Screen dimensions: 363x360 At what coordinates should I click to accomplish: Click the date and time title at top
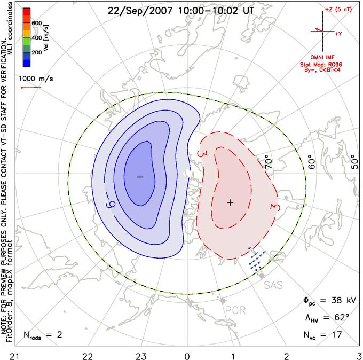coord(180,11)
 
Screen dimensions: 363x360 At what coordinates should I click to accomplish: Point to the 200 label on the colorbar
coord(37,52)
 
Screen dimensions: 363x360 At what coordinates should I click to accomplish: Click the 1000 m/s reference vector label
coord(36,79)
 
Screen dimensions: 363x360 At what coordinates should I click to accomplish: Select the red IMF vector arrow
coord(319,30)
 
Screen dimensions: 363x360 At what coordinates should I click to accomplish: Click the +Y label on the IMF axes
coord(338,34)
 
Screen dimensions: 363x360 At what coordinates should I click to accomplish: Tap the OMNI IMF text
coord(322,57)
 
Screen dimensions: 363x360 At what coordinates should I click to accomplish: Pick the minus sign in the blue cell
coord(140,177)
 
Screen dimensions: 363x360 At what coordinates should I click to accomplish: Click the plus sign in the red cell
coord(230,203)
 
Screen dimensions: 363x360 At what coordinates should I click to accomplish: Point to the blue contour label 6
coord(111,205)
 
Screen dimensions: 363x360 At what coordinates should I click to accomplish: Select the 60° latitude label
coord(312,163)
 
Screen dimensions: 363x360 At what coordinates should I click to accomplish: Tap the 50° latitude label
coord(354,161)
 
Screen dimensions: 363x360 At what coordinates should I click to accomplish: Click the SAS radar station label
coord(273,285)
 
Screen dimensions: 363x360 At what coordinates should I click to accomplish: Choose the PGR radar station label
coord(235,310)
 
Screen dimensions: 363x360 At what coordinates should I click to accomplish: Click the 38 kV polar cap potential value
coord(344,301)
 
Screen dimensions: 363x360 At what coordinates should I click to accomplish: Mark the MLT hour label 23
coord(141,356)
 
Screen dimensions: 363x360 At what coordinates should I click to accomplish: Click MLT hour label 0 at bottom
coord(187,356)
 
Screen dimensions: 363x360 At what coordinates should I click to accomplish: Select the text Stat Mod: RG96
coord(321,65)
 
